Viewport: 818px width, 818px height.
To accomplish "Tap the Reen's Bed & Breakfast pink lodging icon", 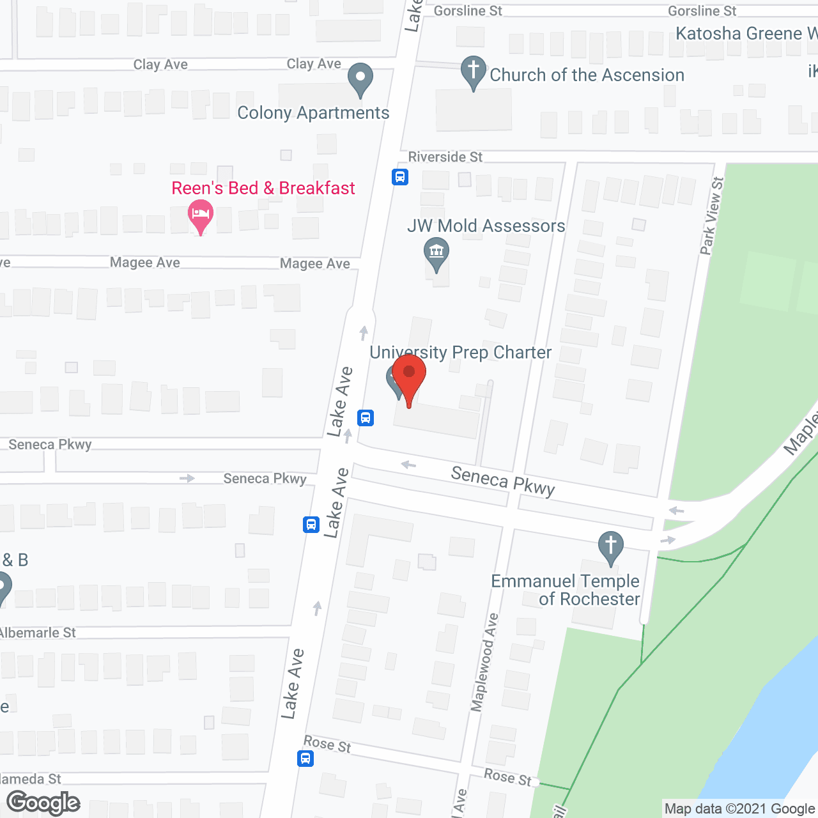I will (201, 215).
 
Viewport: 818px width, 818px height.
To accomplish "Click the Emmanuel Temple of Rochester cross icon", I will (611, 546).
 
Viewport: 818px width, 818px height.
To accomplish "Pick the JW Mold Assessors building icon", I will (436, 252).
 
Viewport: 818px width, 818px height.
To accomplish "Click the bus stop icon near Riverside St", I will (400, 177).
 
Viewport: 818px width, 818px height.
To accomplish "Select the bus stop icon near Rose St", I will (305, 759).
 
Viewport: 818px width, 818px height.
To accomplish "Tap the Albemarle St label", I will (38, 633).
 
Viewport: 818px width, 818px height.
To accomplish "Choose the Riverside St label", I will (445, 157).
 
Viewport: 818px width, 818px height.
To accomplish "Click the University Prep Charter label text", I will (460, 353).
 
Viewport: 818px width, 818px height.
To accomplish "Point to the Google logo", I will (43, 803).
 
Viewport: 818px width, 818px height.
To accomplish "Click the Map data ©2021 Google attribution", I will (739, 808).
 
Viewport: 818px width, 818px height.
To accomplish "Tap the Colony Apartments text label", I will (313, 113).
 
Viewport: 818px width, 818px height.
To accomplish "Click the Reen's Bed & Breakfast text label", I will (263, 188).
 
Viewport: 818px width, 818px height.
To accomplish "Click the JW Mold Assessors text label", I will (486, 226).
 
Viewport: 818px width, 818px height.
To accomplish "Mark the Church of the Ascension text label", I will (587, 75).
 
